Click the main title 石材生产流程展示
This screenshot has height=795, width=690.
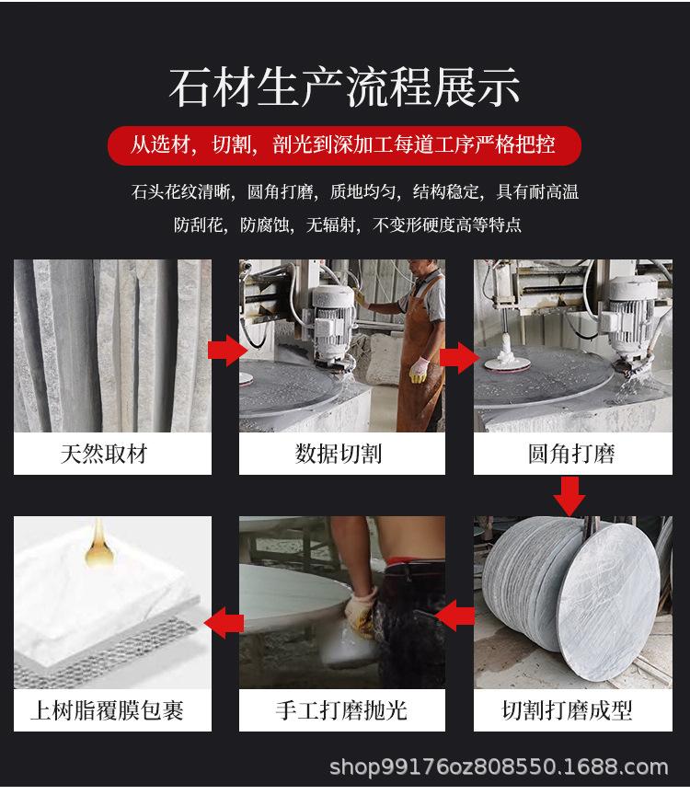[344, 86]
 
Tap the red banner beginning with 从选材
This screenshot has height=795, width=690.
[344, 144]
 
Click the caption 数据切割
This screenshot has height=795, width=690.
[339, 454]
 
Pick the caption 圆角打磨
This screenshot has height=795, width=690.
[571, 454]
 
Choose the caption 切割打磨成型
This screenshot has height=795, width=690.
[568, 709]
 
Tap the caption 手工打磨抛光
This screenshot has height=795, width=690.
[340, 709]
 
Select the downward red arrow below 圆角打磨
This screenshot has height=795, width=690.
[570, 499]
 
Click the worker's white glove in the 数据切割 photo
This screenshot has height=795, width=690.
[419, 370]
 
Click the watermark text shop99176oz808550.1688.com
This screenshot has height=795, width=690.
[499, 766]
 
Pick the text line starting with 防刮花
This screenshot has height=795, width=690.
[348, 224]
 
